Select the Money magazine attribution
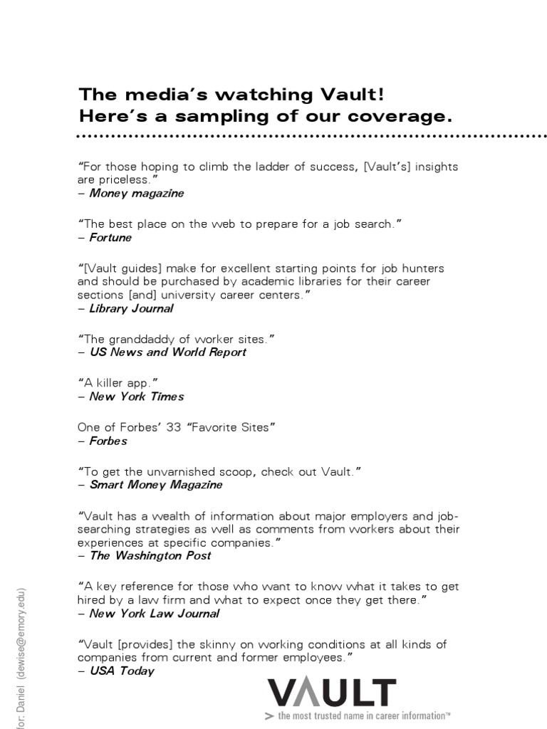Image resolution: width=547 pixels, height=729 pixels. tap(136, 193)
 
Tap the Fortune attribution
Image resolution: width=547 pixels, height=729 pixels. tap(110, 238)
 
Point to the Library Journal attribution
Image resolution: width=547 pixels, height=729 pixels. tap(131, 308)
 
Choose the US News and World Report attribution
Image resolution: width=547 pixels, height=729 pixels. tap(168, 352)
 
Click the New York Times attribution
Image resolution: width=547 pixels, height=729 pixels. tap(137, 396)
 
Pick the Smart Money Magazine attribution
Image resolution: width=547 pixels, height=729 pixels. tap(156, 484)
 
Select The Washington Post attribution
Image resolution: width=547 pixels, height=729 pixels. tap(150, 555)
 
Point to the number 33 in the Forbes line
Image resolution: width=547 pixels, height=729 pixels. tap(173, 427)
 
